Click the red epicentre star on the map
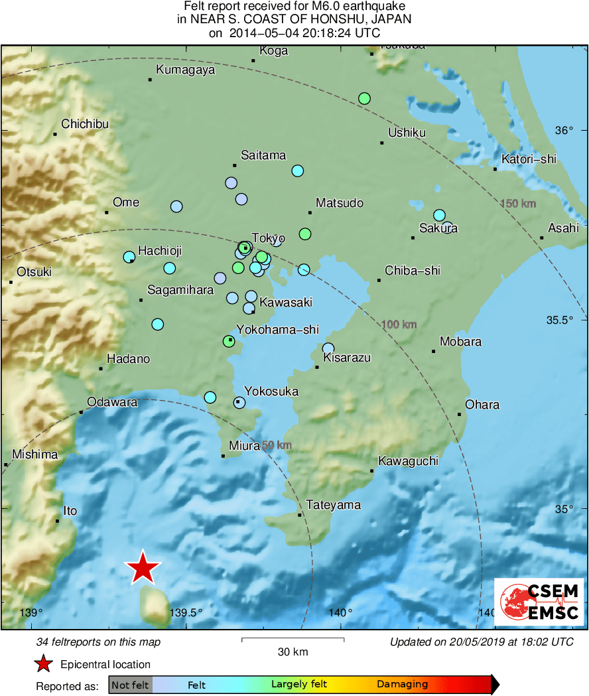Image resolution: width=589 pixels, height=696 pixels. [x=143, y=568]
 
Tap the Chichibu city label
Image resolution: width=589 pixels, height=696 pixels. [x=85, y=124]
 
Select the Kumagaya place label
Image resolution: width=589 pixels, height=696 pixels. [x=186, y=70]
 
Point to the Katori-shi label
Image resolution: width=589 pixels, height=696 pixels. [x=529, y=159]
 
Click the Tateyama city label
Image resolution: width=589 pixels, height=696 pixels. [x=334, y=505]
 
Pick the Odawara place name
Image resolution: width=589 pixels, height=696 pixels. [x=113, y=402]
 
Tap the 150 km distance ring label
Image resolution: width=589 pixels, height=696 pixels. [x=518, y=203]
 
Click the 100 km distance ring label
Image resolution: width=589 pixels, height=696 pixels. [x=399, y=324]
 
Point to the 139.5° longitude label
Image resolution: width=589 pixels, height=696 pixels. [x=186, y=612]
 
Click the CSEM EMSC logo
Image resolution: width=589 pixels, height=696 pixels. [x=539, y=602]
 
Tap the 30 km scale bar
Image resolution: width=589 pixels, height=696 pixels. [x=293, y=640]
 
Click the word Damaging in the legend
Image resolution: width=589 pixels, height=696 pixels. [x=403, y=684]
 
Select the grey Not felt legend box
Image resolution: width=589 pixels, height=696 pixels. [x=130, y=685]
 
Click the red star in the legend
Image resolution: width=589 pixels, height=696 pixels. [x=44, y=664]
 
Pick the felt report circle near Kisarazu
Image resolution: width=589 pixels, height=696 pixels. [x=328, y=348]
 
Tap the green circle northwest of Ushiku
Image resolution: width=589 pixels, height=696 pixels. [x=364, y=98]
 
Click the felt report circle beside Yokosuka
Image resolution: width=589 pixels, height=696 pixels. [x=239, y=403]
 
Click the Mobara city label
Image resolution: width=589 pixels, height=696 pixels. [x=461, y=342]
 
